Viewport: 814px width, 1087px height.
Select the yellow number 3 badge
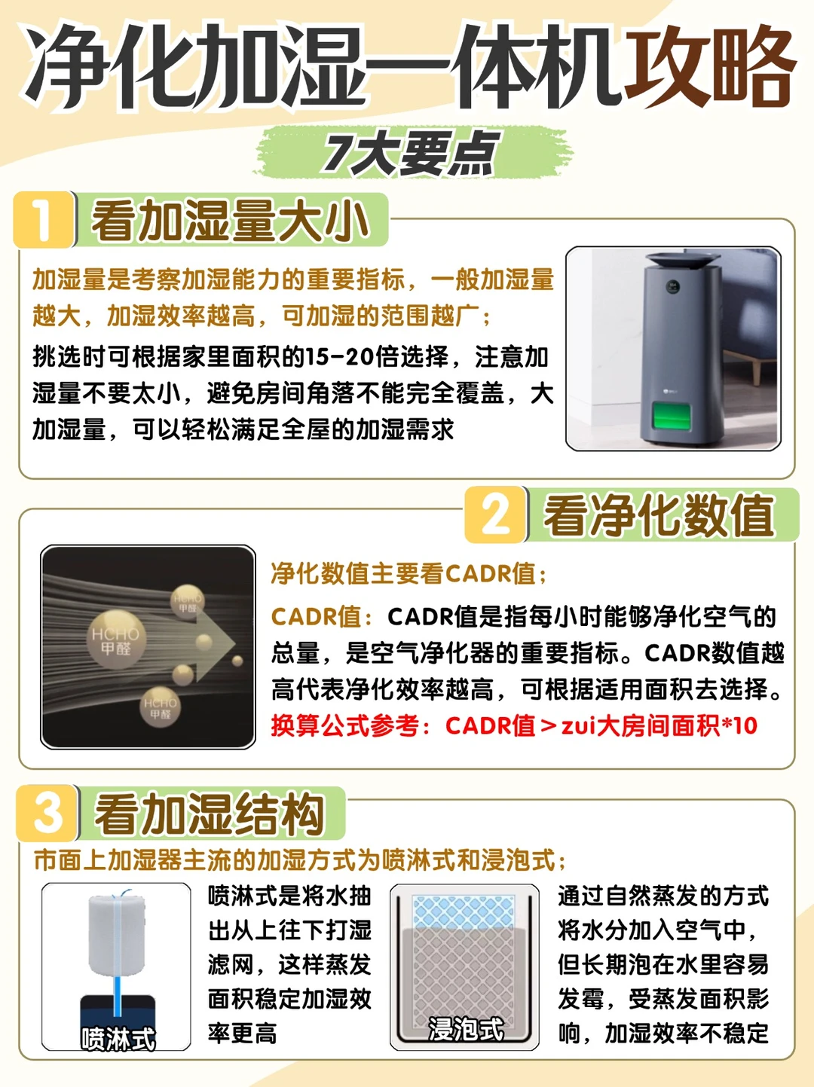(47, 813)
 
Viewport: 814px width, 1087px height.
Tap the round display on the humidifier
(672, 286)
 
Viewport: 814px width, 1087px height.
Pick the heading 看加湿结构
(210, 814)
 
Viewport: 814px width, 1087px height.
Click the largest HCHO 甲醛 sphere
(116, 640)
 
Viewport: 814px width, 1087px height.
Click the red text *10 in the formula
(739, 726)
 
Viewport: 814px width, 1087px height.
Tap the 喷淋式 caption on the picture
(118, 1039)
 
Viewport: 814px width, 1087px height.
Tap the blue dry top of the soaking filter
(464, 911)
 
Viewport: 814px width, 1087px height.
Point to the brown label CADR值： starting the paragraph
(322, 617)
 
